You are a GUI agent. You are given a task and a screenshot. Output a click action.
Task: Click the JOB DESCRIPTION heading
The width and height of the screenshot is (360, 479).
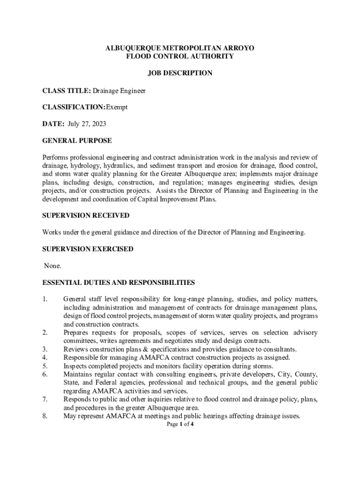(180, 73)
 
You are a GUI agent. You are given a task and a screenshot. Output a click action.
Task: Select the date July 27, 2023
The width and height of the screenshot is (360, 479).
(86, 124)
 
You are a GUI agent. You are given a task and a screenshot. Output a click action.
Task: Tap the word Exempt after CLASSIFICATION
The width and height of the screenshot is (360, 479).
(116, 107)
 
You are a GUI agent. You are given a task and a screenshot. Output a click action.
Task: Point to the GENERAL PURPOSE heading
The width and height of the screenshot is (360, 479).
(77, 141)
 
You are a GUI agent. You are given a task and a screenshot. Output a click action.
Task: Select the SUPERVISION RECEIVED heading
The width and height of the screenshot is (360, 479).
(86, 215)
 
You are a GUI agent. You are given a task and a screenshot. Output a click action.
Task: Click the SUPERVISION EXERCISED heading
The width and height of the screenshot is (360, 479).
(88, 249)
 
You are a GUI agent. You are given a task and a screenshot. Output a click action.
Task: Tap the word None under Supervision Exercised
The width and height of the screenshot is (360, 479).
(52, 266)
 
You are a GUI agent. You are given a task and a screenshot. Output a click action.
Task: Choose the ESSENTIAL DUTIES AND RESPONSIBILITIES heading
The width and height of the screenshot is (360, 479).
(118, 283)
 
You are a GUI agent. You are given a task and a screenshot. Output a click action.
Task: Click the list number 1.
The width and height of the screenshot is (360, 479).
(45, 299)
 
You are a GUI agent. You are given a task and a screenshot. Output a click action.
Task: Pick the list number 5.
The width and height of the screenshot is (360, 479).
(45, 366)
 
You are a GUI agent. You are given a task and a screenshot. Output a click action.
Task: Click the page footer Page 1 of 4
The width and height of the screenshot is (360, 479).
(180, 424)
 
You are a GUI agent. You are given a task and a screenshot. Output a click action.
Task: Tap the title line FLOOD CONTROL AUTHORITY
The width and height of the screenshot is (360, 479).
(180, 56)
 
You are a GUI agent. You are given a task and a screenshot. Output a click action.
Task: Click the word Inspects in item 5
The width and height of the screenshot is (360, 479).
(75, 366)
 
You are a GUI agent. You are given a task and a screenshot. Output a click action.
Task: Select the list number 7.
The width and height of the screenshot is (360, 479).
(45, 399)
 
